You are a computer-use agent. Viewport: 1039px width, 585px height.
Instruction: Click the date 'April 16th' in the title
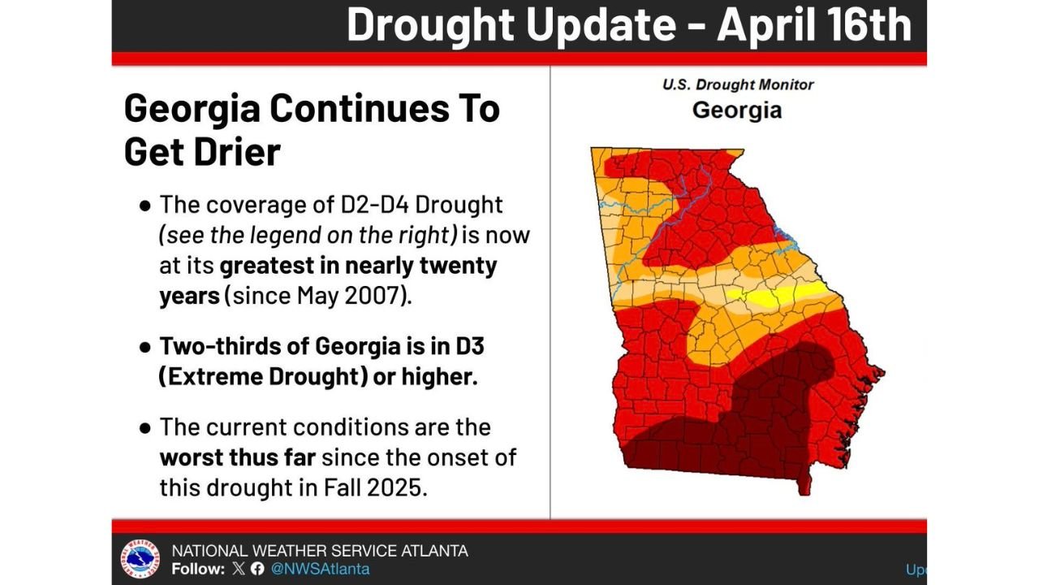click(814, 26)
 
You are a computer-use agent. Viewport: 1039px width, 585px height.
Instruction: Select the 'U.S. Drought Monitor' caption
click(737, 84)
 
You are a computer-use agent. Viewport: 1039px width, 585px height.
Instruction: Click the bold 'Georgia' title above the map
click(737, 110)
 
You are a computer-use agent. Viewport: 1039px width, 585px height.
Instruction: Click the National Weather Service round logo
click(140, 559)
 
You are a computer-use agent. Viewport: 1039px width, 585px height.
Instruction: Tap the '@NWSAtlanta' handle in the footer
click(320, 569)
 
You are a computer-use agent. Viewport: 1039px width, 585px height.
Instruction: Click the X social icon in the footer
click(238, 569)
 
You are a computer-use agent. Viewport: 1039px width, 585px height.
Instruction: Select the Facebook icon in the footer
click(257, 569)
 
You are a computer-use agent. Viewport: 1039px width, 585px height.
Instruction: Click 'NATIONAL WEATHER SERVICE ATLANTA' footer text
click(320, 550)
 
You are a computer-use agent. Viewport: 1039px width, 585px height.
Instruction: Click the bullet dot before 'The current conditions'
click(145, 427)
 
